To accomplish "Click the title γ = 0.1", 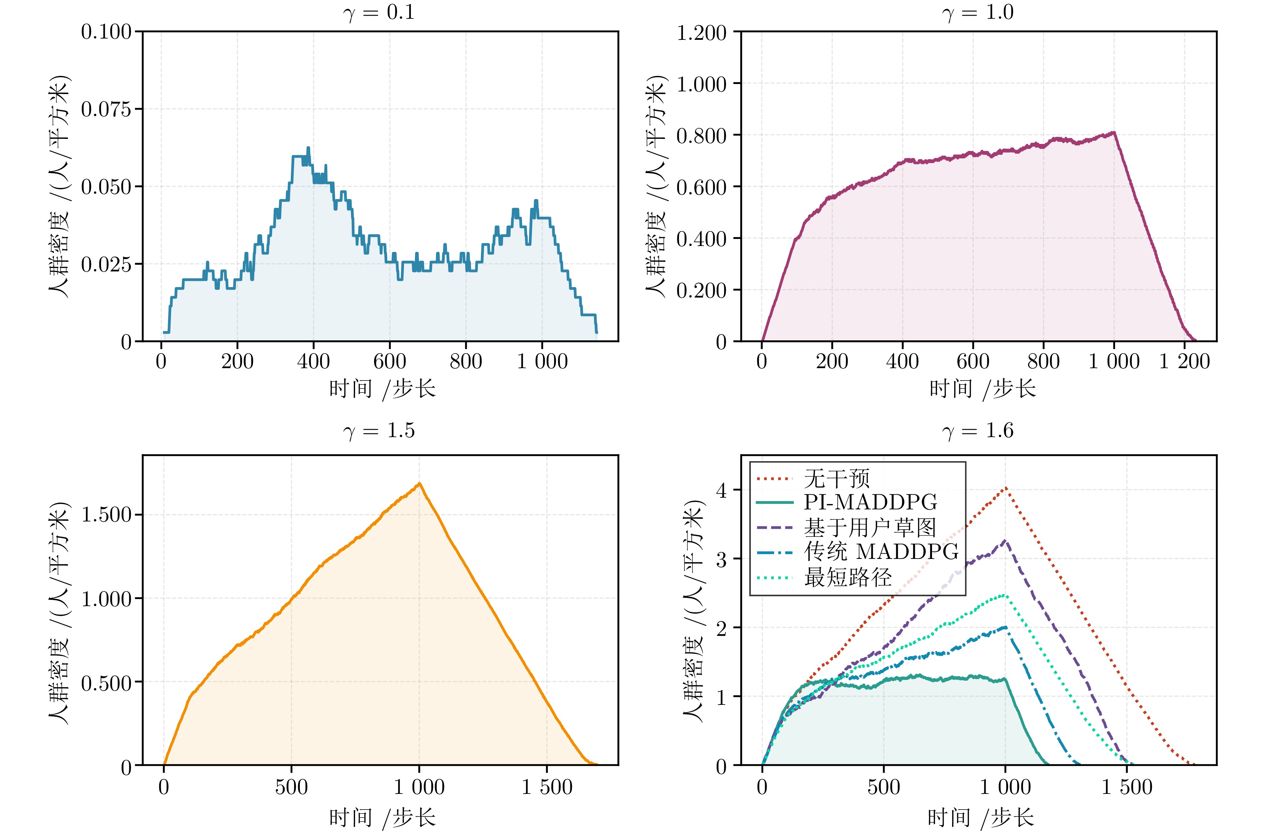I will [x=379, y=12].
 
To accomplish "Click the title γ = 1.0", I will [x=978, y=12].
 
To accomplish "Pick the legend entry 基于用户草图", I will [x=869, y=527].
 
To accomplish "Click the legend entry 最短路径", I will [x=848, y=577].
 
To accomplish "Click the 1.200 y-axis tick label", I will [x=701, y=32].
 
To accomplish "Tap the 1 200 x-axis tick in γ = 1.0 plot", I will [x=1184, y=361].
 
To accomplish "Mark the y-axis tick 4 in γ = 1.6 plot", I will [x=721, y=490].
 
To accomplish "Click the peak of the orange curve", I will [x=419, y=483].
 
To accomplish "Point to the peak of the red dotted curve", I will [x=1005, y=488].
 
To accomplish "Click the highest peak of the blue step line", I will [x=308, y=148].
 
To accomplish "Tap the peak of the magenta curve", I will [x=1114, y=133].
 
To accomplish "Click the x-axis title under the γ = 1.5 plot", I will [x=382, y=817].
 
